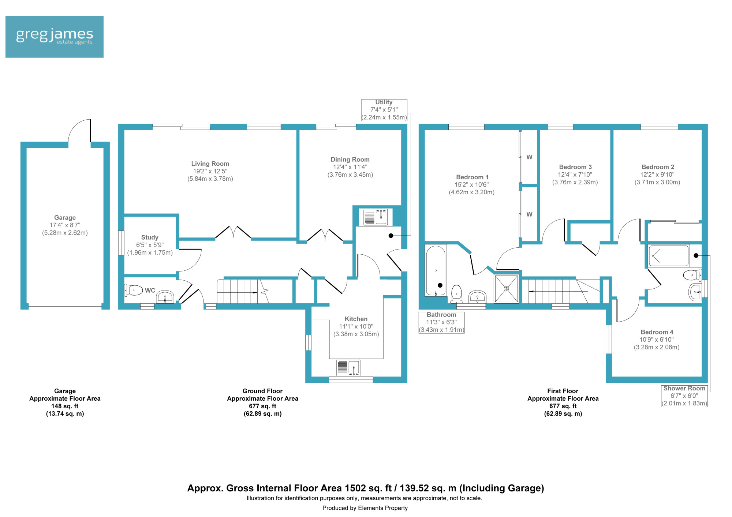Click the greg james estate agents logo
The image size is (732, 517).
click(x=55, y=37)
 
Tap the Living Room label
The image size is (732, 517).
click(x=210, y=164)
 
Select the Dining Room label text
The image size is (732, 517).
click(x=350, y=160)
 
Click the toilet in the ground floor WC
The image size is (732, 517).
click(x=133, y=291)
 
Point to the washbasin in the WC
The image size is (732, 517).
click(x=165, y=297)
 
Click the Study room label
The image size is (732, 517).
click(x=150, y=237)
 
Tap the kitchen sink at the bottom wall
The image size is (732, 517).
click(x=348, y=368)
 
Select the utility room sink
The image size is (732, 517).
click(x=376, y=217)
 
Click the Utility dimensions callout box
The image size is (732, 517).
click(x=384, y=110)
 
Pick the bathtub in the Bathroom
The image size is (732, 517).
click(x=436, y=270)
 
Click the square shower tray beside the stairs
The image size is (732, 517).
click(x=507, y=289)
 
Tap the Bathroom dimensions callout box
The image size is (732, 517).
click(x=441, y=322)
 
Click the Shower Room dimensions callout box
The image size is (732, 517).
click(x=684, y=396)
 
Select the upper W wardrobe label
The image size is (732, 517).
click(x=529, y=157)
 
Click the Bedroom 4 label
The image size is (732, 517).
click(x=657, y=332)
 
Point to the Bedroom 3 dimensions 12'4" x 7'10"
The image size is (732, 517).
click(x=575, y=175)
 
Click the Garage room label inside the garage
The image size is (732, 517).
click(x=65, y=218)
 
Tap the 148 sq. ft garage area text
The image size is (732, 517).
click(x=65, y=406)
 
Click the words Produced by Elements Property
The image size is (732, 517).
click(x=365, y=508)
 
